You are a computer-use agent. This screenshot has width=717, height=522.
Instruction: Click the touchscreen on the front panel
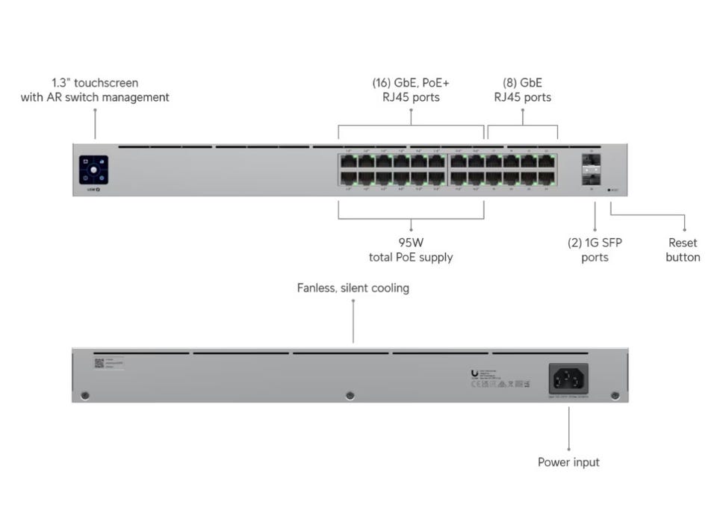click(x=93, y=170)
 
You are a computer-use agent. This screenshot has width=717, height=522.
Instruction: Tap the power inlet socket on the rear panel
click(x=568, y=379)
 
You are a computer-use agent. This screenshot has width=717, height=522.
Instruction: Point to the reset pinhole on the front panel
click(x=610, y=190)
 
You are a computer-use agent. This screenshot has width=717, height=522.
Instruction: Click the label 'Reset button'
click(x=683, y=250)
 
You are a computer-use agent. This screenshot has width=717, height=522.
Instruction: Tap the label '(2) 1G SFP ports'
click(x=595, y=250)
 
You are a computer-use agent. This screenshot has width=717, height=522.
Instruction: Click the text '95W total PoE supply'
click(x=411, y=250)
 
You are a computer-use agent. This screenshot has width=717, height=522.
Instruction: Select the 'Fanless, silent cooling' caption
click(x=353, y=288)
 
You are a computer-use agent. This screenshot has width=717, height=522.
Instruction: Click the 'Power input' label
click(x=568, y=462)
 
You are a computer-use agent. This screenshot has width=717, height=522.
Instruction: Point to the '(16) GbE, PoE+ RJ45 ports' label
click(x=411, y=90)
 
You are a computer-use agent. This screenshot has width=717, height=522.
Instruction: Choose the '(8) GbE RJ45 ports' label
click(x=522, y=90)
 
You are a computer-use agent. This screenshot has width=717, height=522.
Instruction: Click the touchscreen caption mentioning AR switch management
click(x=95, y=90)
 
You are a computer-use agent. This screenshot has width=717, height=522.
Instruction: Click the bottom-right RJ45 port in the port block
click(x=547, y=178)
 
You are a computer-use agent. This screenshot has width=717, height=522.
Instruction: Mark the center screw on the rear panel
click(x=350, y=395)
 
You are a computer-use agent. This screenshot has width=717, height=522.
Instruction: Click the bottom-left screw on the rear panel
click(x=85, y=395)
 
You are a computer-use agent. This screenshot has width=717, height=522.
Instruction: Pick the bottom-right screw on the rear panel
click(x=615, y=395)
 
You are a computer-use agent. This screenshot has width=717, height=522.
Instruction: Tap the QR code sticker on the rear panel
click(x=99, y=363)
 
